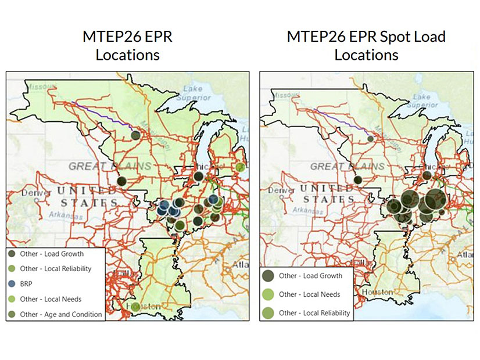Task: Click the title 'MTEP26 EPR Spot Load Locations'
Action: tap(366, 46)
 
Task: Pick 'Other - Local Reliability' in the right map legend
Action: tap(314, 313)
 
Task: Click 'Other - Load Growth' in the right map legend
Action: tap(310, 276)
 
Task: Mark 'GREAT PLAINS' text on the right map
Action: tap(348, 166)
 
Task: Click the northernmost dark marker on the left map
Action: tap(135, 135)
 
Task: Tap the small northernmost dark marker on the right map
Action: tap(371, 138)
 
